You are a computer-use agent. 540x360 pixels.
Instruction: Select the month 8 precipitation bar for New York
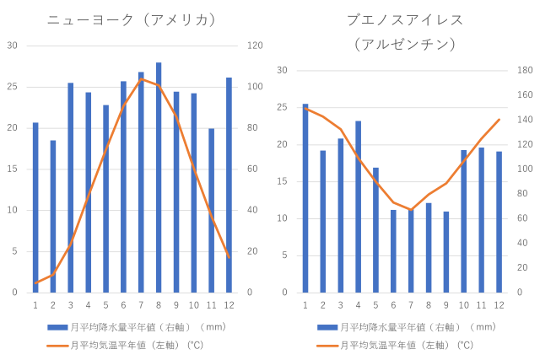(159, 177)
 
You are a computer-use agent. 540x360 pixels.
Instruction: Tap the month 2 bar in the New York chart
(53, 216)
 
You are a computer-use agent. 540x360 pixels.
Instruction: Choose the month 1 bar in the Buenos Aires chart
(305, 198)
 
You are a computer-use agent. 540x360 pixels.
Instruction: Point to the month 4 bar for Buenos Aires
(358, 207)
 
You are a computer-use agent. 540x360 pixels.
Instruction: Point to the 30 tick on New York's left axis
(12, 46)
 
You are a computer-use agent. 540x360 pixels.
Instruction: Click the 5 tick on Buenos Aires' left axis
(284, 255)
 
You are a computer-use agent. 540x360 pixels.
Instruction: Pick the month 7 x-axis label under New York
(141, 304)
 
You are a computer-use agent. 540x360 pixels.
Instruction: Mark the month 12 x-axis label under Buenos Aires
(499, 304)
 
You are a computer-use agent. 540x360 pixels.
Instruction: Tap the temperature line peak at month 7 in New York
(142, 78)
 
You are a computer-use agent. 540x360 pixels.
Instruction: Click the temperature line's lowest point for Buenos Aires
(411, 209)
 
